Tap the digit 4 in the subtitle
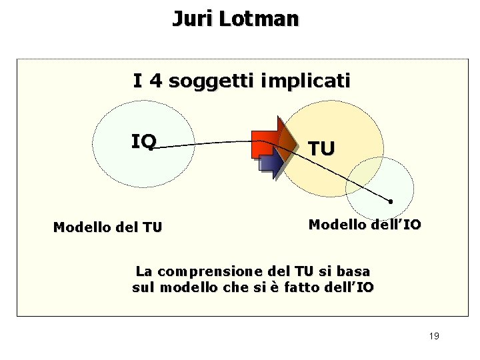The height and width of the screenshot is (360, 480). tap(156, 81)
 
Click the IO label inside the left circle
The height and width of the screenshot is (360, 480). tap(143, 141)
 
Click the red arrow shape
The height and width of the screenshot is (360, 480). tap(267, 139)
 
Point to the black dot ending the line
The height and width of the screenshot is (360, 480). tap(391, 201)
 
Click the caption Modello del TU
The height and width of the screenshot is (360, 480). tap(107, 227)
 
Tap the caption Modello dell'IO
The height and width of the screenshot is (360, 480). tap(365, 225)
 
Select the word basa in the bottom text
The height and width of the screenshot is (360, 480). tap(355, 271)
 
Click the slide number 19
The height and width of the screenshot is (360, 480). tap(434, 336)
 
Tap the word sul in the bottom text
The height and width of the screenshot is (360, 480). tap(143, 287)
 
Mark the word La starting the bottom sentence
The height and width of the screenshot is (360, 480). tap(143, 271)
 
